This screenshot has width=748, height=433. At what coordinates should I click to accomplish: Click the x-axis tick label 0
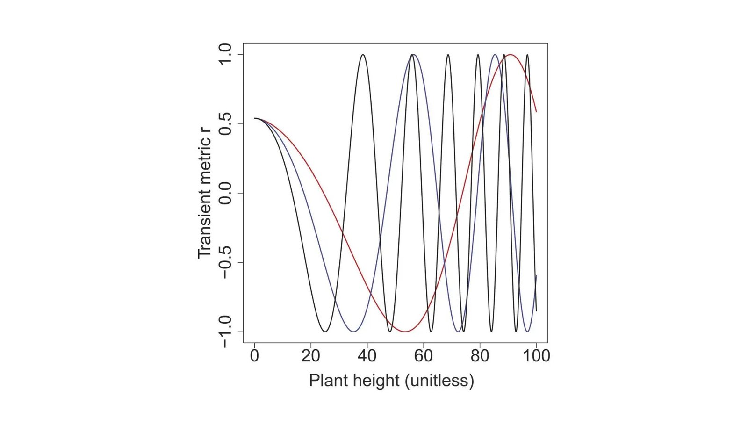(x=254, y=356)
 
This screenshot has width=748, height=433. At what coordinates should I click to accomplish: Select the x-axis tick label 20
(x=310, y=356)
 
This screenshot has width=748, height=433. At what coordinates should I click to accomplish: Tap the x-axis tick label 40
(x=367, y=356)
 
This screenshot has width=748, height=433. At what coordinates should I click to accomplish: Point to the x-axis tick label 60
(x=423, y=356)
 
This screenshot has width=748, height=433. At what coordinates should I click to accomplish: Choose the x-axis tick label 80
(x=480, y=356)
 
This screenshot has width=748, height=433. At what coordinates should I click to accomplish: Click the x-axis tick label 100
(x=536, y=356)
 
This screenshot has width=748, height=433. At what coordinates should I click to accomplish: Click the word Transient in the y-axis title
(x=205, y=224)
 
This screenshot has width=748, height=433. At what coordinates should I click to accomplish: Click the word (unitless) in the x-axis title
(x=439, y=380)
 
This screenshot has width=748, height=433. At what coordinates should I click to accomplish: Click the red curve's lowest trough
(x=405, y=332)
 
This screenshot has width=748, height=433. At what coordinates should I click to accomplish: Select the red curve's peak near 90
(x=511, y=55)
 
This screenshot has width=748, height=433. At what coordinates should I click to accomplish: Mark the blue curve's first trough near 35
(x=353, y=332)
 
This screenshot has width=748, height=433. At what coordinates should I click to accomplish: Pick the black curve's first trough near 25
(x=325, y=332)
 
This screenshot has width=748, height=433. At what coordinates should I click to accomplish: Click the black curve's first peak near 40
(x=363, y=55)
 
